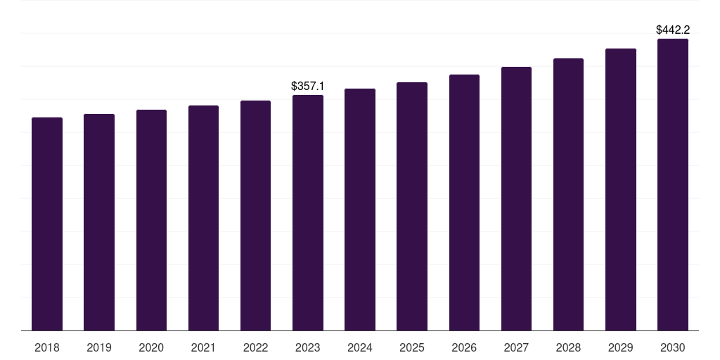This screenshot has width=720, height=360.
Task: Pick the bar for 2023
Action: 308,212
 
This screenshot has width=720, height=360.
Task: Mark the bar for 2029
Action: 621,189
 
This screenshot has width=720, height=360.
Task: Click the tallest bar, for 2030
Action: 673,184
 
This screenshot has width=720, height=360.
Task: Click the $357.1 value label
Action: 308,86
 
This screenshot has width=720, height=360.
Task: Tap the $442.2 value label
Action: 673,30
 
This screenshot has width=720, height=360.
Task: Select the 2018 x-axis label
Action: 47,347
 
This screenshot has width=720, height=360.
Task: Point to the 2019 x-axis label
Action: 99,347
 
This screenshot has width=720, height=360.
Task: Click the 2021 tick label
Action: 203,347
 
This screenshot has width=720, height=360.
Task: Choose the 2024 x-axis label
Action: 360,347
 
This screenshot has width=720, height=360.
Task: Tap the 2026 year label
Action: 464,347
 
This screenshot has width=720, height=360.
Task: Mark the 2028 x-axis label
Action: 568,347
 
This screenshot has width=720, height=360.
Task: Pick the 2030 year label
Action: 673,347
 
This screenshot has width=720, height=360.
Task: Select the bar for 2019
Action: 99,222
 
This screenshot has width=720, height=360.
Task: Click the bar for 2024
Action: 360,210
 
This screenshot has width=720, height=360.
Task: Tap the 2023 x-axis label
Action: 308,347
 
